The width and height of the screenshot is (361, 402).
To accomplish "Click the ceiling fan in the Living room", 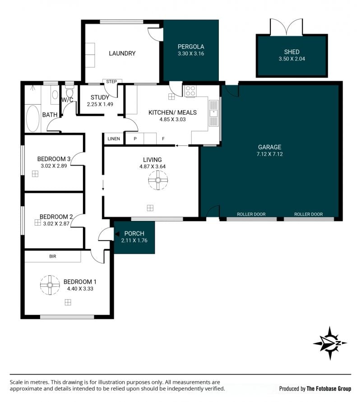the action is point(158,180).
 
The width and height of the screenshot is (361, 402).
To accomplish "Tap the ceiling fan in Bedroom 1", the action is point(50,285).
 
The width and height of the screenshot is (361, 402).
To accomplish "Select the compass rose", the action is point(330,343).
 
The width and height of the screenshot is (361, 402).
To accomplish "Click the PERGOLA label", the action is point(191,46).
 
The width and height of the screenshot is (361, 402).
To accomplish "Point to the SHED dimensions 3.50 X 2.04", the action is point(292,59).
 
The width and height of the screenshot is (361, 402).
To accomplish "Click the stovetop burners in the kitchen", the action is point(190,91).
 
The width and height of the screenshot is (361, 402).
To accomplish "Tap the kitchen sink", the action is point(213,113).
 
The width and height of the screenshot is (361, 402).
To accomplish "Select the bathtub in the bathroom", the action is point(33,119).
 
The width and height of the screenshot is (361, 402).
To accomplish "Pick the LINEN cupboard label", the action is point(114,139).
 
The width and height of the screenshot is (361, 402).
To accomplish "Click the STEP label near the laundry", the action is point(111,82).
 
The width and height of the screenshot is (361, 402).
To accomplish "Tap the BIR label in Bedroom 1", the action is point(52,256).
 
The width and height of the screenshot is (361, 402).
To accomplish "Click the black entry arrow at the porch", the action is point(117,234).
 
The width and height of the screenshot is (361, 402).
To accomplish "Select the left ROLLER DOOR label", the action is point(251,214).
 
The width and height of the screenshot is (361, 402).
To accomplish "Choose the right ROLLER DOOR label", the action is point(309,214).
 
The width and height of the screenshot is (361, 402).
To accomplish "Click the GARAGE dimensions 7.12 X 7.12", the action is point(269,154).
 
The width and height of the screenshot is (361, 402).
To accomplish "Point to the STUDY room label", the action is point(100,97).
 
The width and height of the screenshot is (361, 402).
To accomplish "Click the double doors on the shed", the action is point(287,27).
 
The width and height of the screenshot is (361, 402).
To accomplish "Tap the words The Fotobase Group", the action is point(329,388).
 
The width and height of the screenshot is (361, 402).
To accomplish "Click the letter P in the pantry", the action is point(135,139).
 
